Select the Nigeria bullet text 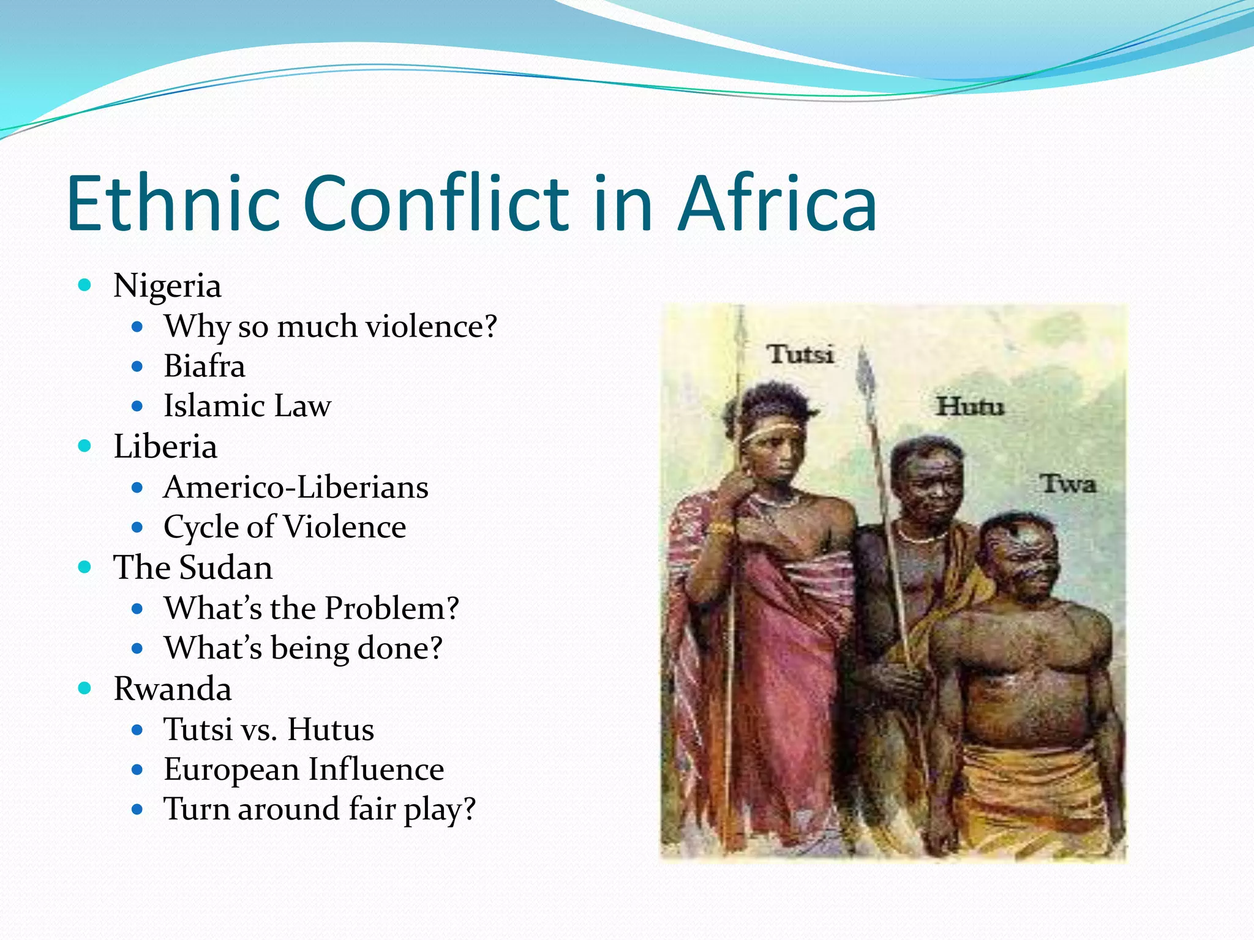[167, 286]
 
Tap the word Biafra [204, 366]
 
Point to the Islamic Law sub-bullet [247, 406]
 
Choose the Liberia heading [165, 446]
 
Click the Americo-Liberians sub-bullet [296, 487]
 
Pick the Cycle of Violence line [285, 527]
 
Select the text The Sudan [193, 567]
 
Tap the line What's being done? [303, 648]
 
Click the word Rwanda [173, 688]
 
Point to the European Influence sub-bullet [304, 769]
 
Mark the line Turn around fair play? [319, 809]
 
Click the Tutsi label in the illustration [800, 354]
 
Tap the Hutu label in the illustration [971, 406]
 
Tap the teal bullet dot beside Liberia [85, 446]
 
